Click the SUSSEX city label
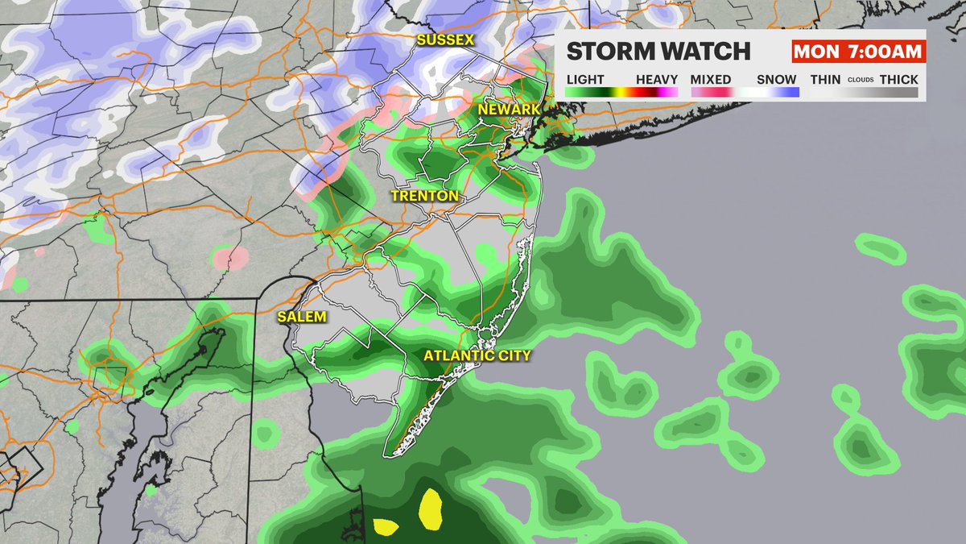coord(445,39)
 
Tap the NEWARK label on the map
coord(505,109)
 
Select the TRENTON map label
coord(424,196)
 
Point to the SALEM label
coord(303,317)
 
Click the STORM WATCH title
coord(658,52)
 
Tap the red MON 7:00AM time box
coord(857,52)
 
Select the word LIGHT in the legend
coord(585,80)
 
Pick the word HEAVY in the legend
coord(657,80)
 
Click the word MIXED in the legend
coord(711,80)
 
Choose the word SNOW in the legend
coord(777,80)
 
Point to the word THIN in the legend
coord(824,80)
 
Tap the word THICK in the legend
coord(898,80)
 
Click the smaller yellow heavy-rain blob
coord(386,527)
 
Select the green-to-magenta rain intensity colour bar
coord(622,93)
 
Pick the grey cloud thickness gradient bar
coord(863,93)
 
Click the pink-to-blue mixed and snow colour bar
coord(744,93)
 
